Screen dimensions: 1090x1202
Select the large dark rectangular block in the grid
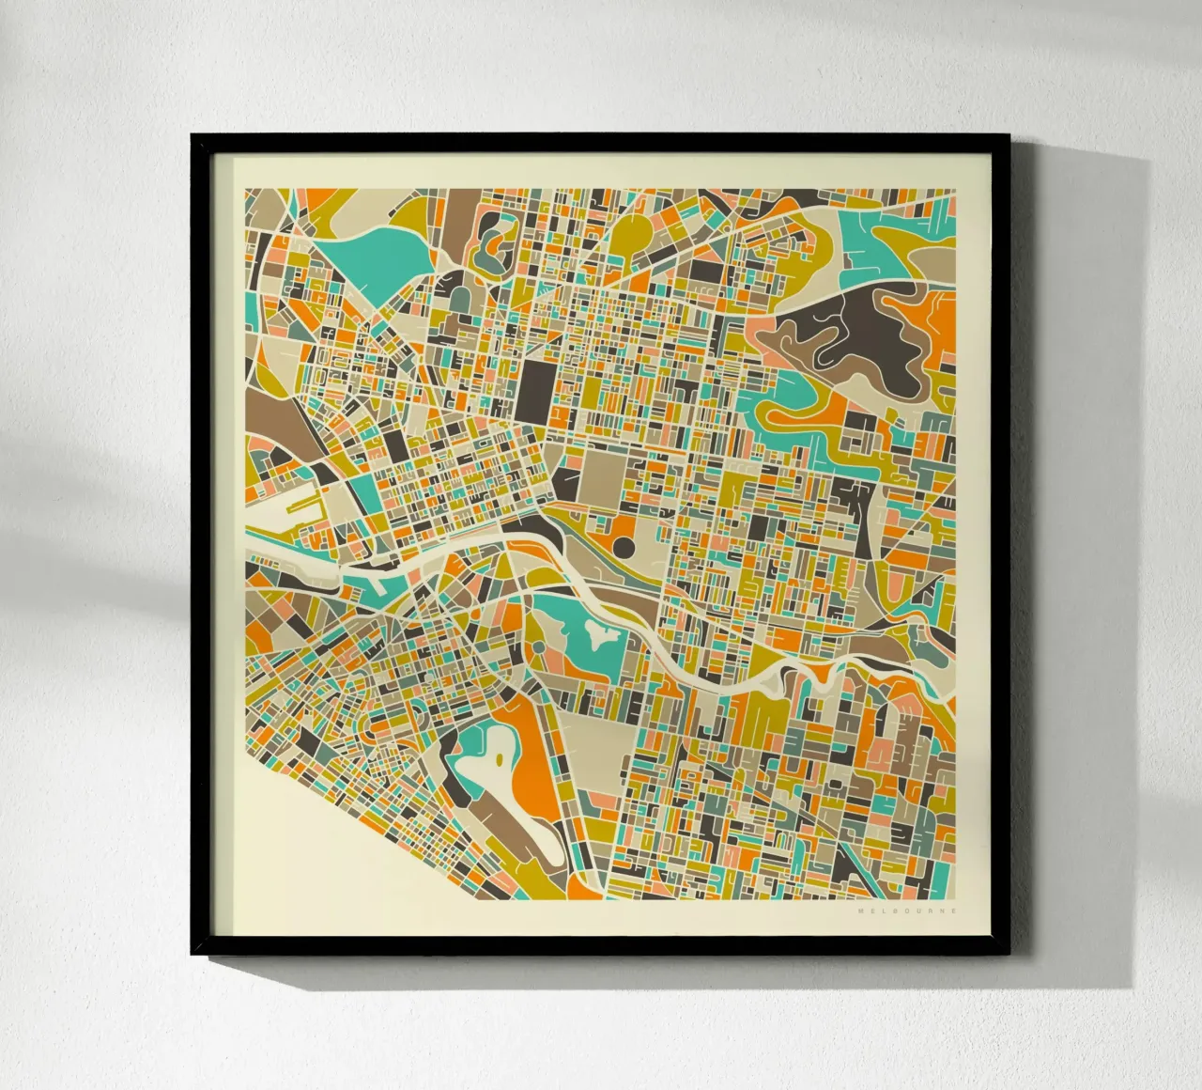537,389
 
